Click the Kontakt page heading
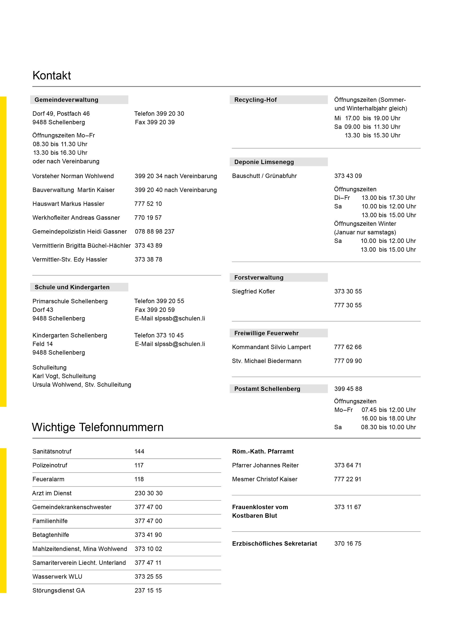click(x=52, y=75)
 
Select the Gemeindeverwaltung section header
click(x=66, y=100)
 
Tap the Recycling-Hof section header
click(x=255, y=100)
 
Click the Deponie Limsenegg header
click(x=264, y=162)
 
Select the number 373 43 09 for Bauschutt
click(x=348, y=176)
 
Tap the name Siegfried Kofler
click(x=253, y=291)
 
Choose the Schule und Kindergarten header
click(x=72, y=287)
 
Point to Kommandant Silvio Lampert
click(x=271, y=347)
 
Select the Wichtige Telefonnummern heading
click(x=98, y=427)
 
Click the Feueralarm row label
click(x=48, y=479)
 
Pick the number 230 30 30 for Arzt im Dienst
click(x=148, y=493)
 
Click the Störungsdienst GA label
click(x=59, y=590)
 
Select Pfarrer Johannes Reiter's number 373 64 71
click(x=348, y=465)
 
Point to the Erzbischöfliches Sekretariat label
click(x=274, y=544)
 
